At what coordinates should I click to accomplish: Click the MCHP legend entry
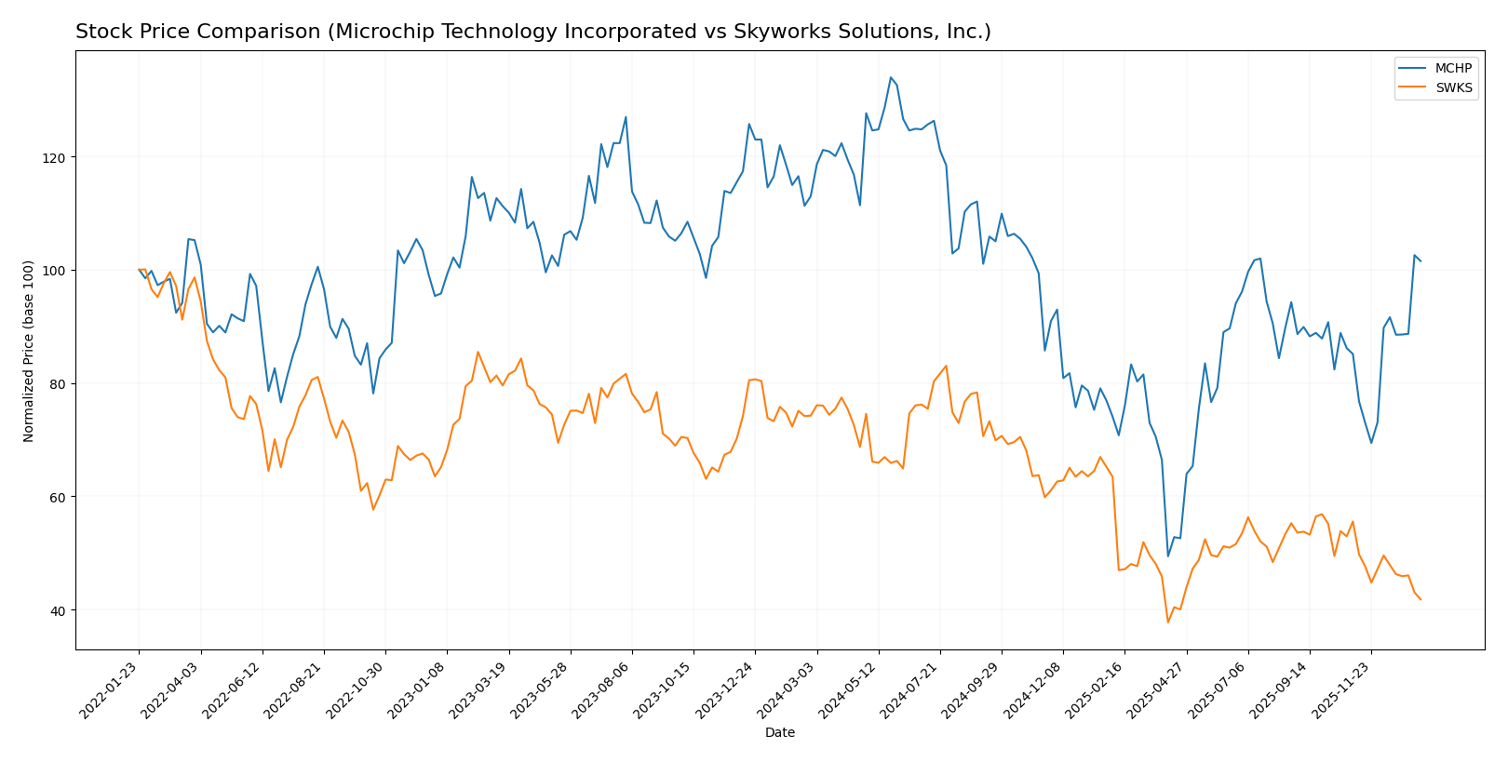[x=1453, y=69]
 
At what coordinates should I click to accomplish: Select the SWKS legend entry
[x=1453, y=88]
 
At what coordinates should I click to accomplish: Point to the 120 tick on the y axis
[x=57, y=157]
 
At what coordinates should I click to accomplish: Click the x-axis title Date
[x=780, y=733]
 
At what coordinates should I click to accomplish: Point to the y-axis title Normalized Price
[x=29, y=351]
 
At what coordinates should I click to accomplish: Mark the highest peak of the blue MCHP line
[x=891, y=77]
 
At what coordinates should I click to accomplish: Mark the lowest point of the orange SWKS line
[x=1168, y=622]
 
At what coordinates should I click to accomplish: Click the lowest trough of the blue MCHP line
[x=1168, y=556]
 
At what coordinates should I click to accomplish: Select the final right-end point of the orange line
[x=1420, y=600]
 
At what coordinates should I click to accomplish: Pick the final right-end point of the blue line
[x=1420, y=261]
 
